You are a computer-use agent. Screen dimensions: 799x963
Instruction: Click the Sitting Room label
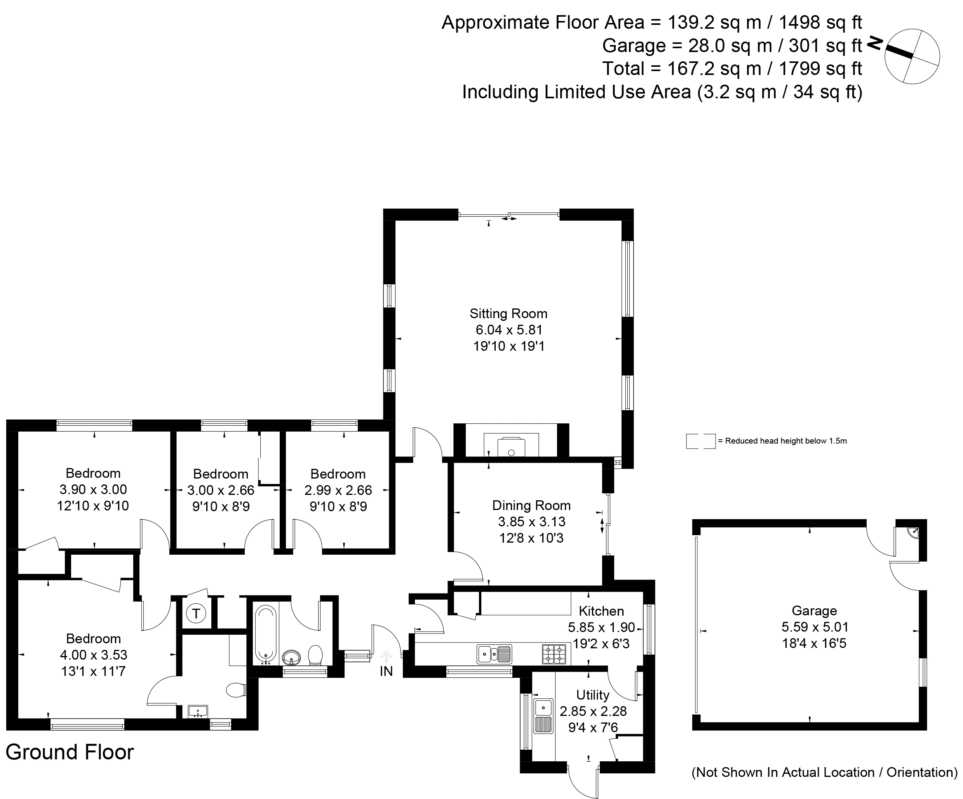pyautogui.click(x=508, y=313)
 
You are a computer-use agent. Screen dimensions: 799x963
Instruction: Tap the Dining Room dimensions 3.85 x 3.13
pyautogui.click(x=531, y=522)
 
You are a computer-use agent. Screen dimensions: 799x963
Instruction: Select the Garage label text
pyautogui.click(x=814, y=611)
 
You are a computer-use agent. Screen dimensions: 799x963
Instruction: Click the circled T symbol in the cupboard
pyautogui.click(x=196, y=613)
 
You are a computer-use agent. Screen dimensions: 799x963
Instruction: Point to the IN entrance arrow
pyautogui.click(x=386, y=657)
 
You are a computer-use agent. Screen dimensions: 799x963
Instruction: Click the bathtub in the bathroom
pyautogui.click(x=266, y=634)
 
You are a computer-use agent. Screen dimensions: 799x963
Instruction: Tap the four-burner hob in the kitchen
pyautogui.click(x=554, y=654)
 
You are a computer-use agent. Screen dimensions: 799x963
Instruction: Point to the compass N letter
pyautogui.click(x=875, y=43)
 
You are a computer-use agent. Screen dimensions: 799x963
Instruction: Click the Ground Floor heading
pyautogui.click(x=70, y=752)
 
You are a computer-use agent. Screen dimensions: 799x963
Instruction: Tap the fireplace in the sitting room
pyautogui.click(x=511, y=445)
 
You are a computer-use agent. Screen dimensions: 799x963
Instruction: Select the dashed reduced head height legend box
pyautogui.click(x=700, y=441)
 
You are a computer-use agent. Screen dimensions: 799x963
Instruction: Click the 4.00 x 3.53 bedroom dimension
pyautogui.click(x=94, y=655)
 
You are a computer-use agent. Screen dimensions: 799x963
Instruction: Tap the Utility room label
pyautogui.click(x=592, y=695)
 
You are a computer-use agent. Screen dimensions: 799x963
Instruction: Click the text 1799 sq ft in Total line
pyautogui.click(x=820, y=69)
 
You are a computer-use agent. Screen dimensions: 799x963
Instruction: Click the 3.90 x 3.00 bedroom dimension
pyautogui.click(x=93, y=489)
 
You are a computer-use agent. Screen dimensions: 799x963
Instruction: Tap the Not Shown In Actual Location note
pyautogui.click(x=824, y=773)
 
